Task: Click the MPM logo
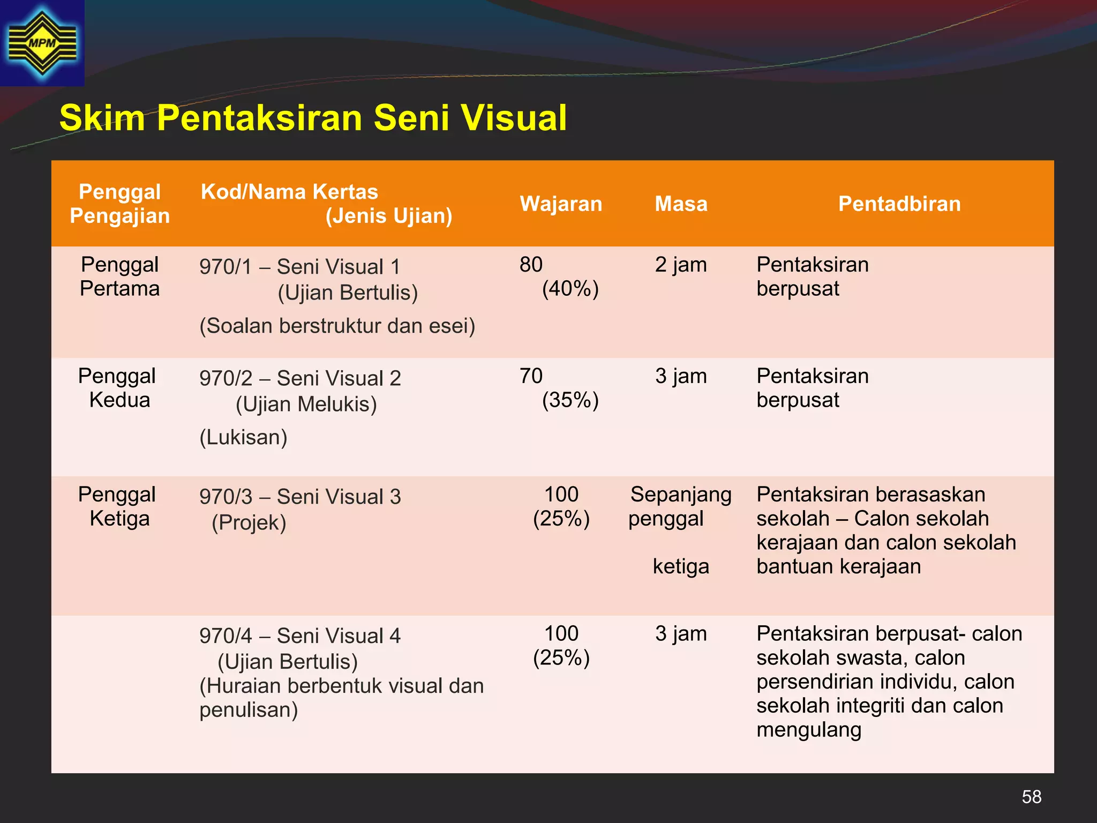pos(42,43)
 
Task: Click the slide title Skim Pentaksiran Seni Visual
pos(313,118)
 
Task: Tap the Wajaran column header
pos(561,204)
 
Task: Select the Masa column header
pos(681,204)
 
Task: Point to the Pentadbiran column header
pos(899,204)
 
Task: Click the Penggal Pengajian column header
pos(119,204)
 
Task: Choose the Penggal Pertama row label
pos(119,276)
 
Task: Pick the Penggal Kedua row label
pos(117,388)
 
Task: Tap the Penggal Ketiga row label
pos(117,506)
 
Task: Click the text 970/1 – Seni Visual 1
pos(299,267)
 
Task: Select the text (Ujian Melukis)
pos(306,405)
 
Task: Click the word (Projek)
pos(249,523)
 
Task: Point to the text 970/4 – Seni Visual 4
pos(300,636)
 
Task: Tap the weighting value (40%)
pos(570,289)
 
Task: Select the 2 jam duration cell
pos(681,265)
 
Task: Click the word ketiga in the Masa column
pos(681,566)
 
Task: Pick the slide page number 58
pos(1031,797)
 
